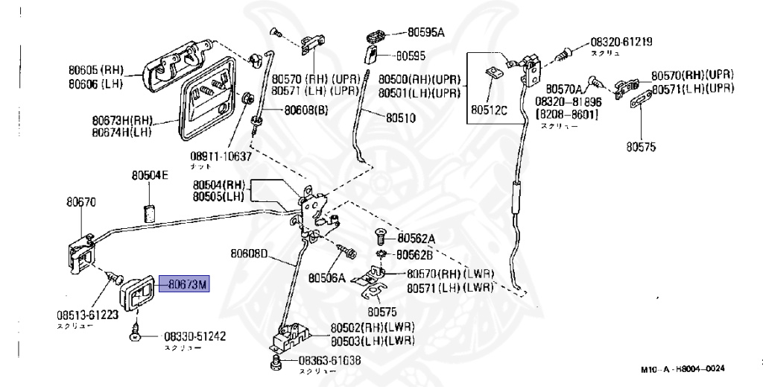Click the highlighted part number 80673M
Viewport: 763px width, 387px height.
coord(189,284)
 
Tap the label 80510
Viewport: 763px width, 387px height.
coord(401,118)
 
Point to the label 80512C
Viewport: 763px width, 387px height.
coord(488,111)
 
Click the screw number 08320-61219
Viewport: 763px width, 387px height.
coord(621,43)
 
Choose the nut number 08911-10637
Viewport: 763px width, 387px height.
coord(221,157)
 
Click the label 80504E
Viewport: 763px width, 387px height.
coord(151,176)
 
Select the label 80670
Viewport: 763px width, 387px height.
coord(80,201)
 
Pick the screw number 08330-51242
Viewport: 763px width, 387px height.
coord(194,336)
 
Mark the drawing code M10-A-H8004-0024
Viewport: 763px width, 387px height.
coord(682,369)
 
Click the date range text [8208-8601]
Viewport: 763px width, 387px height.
coord(566,113)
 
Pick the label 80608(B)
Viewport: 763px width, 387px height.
coord(305,111)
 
